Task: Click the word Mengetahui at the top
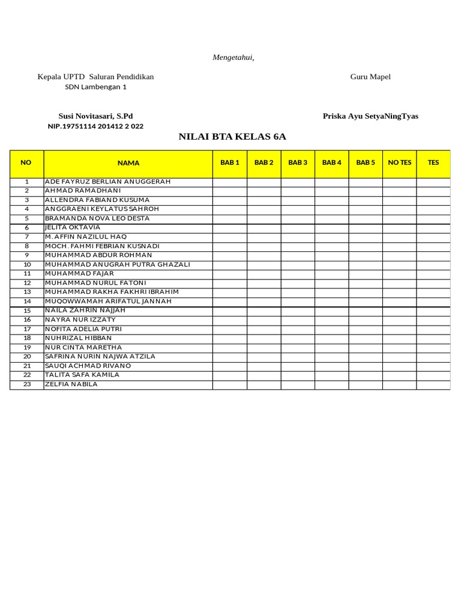click(234, 58)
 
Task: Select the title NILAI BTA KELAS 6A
click(232, 137)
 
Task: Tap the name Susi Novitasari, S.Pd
click(95, 116)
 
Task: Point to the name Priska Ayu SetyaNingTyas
click(370, 116)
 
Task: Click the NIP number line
click(95, 127)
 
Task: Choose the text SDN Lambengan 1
click(95, 87)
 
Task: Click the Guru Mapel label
click(370, 77)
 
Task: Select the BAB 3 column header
click(298, 162)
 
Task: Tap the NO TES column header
click(400, 162)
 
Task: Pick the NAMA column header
click(128, 163)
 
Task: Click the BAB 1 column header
click(230, 162)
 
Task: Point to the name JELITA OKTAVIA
click(73, 228)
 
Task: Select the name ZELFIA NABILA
click(71, 384)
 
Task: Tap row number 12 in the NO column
click(27, 283)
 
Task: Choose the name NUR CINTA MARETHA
click(83, 347)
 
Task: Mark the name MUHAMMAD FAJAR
click(79, 273)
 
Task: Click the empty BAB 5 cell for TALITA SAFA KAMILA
click(366, 375)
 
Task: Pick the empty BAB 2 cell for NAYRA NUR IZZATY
click(264, 320)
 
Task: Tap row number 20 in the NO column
click(27, 357)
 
